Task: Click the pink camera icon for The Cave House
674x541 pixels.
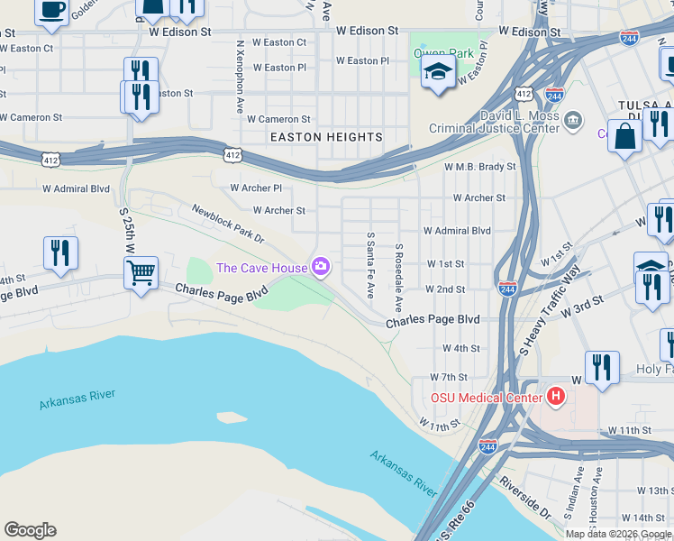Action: click(320, 266)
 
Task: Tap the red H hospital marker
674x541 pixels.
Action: click(557, 396)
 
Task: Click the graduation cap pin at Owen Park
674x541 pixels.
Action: click(438, 72)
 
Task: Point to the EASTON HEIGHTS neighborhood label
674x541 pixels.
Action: click(327, 137)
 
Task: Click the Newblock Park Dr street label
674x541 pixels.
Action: click(227, 224)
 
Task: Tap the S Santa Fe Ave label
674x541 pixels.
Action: click(369, 265)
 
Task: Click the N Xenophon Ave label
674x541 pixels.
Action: click(241, 62)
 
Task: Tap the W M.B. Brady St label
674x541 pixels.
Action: click(480, 167)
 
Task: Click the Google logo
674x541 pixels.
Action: click(30, 530)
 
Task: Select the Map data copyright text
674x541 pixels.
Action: click(618, 534)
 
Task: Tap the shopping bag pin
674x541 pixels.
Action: click(625, 137)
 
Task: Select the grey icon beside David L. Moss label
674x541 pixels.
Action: click(573, 119)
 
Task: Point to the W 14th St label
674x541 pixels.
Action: click(642, 518)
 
